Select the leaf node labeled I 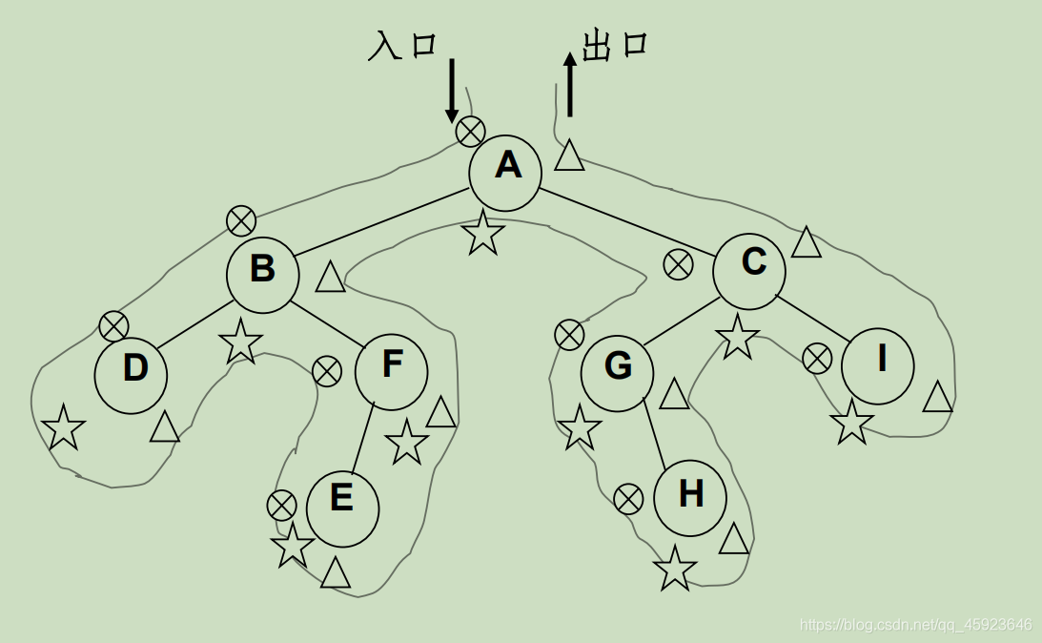pos(878,364)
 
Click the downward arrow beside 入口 pos(452,91)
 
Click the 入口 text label pos(401,46)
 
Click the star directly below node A pos(483,234)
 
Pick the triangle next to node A pos(569,156)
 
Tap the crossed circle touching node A pos(470,131)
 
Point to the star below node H pos(675,569)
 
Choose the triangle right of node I pos(938,397)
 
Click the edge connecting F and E pos(363,439)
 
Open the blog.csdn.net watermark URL pos(915,625)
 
